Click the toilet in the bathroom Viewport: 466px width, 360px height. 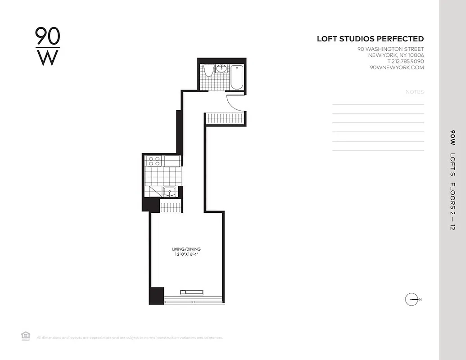pos(208,72)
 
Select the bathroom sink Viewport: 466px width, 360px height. pos(222,69)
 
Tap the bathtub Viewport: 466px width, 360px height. pos(237,77)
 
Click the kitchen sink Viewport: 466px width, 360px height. pos(169,192)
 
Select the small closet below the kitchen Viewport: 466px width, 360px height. pos(171,207)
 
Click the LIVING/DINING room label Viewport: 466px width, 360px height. pos(186,249)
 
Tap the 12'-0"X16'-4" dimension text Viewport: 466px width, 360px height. pos(186,255)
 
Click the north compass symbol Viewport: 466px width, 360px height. pos(412,299)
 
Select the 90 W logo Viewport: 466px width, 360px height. pos(47,46)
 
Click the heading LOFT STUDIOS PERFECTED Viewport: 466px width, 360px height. pos(370,39)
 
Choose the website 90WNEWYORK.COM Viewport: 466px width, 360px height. pos(396,67)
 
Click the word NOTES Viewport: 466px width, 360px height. pos(414,92)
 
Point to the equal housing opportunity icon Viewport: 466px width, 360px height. pos(25,335)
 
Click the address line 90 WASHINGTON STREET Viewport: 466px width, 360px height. pos(390,49)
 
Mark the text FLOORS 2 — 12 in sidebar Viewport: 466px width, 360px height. pos(452,206)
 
